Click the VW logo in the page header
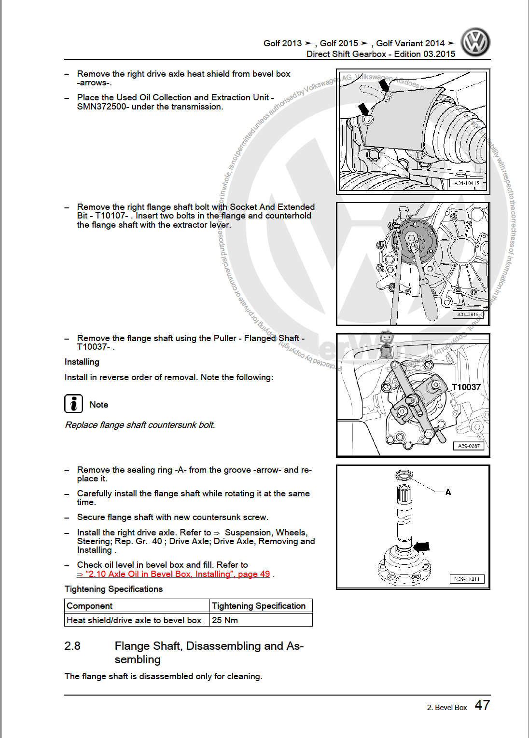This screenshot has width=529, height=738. click(x=475, y=42)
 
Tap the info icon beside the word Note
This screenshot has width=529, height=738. click(x=73, y=404)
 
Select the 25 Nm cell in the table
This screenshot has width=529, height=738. click(x=225, y=620)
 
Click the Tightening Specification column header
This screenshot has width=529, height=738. click(x=259, y=606)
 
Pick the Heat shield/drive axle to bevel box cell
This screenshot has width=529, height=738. click(x=134, y=620)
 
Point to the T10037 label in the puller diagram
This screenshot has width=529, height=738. click(x=466, y=387)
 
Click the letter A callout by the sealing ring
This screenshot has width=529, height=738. click(x=448, y=492)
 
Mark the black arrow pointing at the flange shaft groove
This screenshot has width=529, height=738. click(x=422, y=547)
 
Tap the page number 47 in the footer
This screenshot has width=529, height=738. click(x=482, y=705)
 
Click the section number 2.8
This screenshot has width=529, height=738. click(x=72, y=646)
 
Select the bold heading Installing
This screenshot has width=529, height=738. click(x=82, y=362)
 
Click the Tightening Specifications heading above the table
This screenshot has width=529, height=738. click(x=113, y=589)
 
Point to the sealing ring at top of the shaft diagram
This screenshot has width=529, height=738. click(x=404, y=476)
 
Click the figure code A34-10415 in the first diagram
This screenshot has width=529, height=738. click(x=467, y=183)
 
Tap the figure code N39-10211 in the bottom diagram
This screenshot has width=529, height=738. click(x=467, y=579)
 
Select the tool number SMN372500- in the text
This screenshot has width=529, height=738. click(x=102, y=107)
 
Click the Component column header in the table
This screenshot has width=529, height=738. click(x=90, y=606)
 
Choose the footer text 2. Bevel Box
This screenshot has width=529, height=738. click(x=447, y=708)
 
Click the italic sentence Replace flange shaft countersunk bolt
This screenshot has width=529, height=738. click(x=140, y=425)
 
